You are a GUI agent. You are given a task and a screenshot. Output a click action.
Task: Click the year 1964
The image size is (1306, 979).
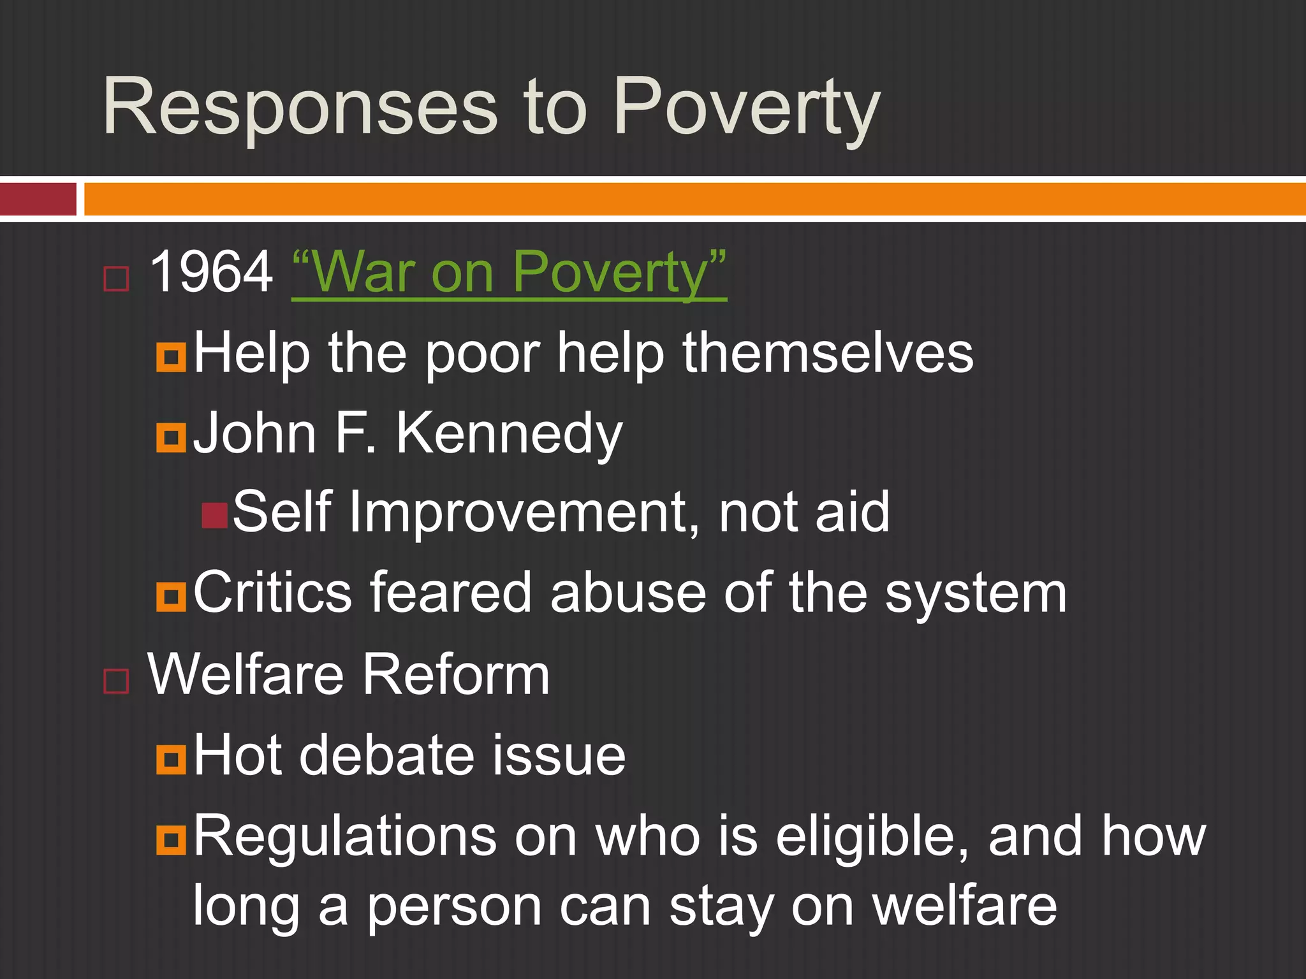click(211, 272)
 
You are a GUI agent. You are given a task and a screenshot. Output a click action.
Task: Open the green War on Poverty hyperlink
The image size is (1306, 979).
click(509, 272)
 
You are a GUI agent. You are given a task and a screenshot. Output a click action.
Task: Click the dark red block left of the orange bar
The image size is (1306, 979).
click(38, 199)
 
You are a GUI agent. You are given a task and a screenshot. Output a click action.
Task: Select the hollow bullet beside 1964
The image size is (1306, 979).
click(116, 279)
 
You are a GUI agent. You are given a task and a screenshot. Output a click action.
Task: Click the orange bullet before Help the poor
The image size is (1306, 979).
click(171, 357)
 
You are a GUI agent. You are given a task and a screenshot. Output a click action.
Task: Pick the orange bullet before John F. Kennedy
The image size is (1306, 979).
click(171, 438)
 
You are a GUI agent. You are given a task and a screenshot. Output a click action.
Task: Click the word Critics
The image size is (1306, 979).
click(272, 593)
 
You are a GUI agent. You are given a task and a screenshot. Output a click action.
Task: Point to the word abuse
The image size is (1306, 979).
click(628, 593)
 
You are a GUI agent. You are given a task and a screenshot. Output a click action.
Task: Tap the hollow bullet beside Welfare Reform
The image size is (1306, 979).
click(116, 681)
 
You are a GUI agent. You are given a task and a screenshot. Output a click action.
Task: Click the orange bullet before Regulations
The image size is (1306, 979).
click(171, 840)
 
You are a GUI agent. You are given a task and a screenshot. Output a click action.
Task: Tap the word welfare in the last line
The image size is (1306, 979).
click(964, 906)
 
